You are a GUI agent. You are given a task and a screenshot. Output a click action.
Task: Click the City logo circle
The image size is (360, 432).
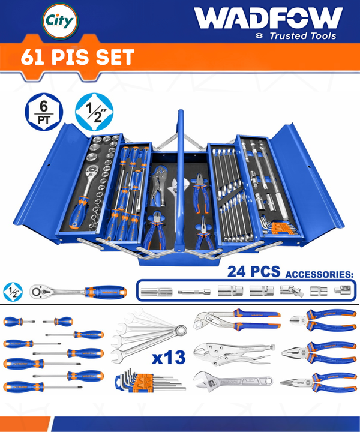60,21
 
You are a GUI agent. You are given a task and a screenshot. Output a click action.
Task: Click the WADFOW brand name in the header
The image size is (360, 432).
268,18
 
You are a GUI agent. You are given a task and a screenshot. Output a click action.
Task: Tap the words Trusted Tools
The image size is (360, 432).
303,36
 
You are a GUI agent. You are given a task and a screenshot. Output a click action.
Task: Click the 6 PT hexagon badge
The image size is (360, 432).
44,112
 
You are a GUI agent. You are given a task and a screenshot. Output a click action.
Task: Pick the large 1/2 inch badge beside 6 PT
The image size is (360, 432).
94,112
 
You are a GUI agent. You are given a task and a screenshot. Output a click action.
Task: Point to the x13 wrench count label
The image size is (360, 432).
169,358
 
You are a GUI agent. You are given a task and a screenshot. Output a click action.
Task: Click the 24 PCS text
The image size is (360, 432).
254,272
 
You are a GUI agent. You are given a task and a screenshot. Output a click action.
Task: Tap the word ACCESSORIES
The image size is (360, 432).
319,275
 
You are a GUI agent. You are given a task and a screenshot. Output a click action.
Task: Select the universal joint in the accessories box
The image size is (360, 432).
292,291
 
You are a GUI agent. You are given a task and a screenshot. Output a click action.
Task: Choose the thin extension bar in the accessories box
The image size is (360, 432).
194,292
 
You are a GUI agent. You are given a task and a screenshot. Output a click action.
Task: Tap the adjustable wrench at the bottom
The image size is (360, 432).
233,382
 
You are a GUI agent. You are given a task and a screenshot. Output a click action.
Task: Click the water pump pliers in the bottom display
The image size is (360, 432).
237,320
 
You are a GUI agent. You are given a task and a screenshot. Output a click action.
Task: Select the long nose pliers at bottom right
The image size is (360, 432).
318,382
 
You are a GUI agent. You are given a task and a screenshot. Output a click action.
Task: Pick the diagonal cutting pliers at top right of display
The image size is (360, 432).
323,320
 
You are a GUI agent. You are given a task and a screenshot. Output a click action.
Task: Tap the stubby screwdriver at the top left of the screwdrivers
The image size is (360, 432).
19,321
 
